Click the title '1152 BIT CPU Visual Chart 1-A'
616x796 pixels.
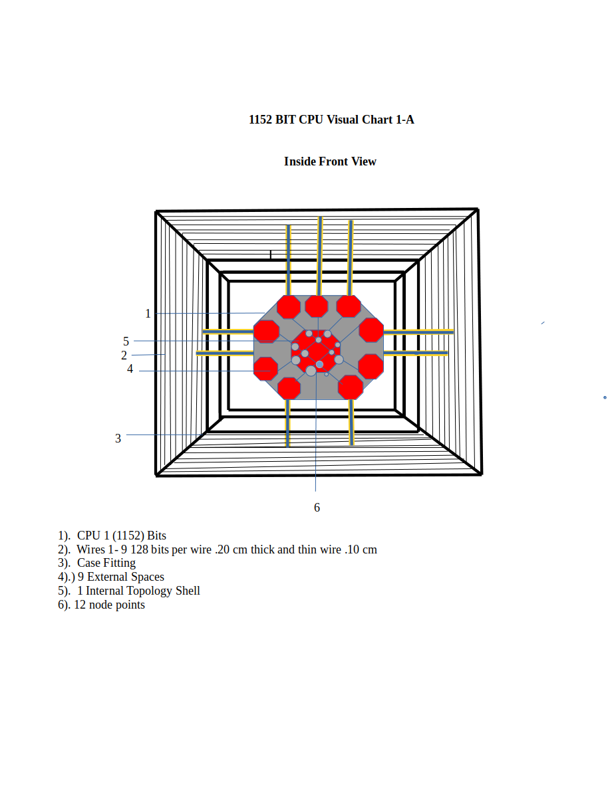click(331, 120)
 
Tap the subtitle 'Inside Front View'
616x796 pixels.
click(331, 161)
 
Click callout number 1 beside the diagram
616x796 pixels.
click(148, 314)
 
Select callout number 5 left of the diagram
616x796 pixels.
click(126, 341)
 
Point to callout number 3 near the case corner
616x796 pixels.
click(118, 438)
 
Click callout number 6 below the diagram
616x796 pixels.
click(317, 508)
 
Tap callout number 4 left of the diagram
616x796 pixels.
click(130, 369)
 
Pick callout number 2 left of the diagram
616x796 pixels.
click(124, 355)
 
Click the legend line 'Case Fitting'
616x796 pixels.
click(106, 563)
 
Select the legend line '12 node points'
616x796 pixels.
click(109, 605)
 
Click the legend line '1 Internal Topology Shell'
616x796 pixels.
click(138, 591)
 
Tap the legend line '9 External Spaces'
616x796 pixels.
click(121, 577)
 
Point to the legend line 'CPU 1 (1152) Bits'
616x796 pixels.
click(122, 536)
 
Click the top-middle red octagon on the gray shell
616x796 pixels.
click(316, 306)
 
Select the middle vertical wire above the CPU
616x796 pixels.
click(320, 256)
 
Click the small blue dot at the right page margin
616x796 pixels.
click(605, 397)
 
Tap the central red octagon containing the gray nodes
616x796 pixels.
click(316, 351)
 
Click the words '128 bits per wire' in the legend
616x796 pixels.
click(171, 549)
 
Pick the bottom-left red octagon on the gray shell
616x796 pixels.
click(289, 388)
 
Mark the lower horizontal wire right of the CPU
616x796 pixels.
click(416, 353)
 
